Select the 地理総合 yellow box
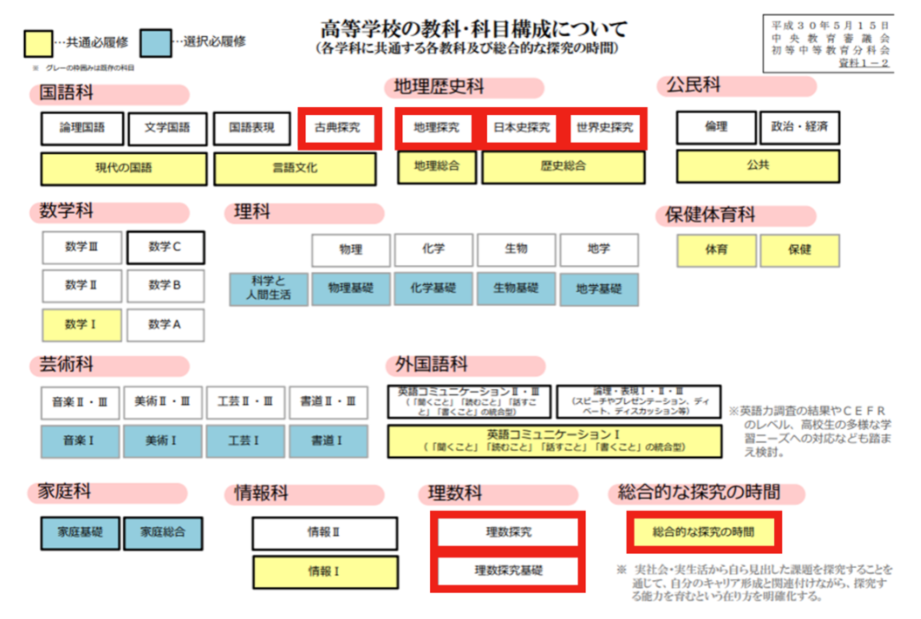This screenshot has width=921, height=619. tap(437, 167)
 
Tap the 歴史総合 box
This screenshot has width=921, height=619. tap(563, 167)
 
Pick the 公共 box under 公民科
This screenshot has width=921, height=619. tap(757, 166)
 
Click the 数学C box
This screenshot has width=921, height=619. tap(165, 247)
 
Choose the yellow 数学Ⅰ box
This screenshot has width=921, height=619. tap(81, 325)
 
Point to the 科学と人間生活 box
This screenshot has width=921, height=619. tap(268, 288)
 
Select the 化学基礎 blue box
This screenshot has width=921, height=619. tap(433, 288)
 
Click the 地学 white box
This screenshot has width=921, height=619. tap(599, 249)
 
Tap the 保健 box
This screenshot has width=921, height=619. tap(799, 250)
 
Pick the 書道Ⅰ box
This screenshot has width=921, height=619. tap(328, 441)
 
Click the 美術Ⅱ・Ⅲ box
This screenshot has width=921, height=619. tap(163, 402)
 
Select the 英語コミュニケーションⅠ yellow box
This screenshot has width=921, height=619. tap(554, 441)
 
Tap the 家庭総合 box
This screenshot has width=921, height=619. tap(163, 533)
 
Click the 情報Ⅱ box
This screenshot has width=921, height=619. tap(324, 533)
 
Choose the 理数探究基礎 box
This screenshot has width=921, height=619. tap(508, 571)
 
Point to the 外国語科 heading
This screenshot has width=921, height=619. tap(432, 365)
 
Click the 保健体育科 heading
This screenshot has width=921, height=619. tap(710, 215)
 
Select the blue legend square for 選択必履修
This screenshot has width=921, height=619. tap(156, 43)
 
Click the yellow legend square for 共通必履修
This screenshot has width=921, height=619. tap(38, 44)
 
